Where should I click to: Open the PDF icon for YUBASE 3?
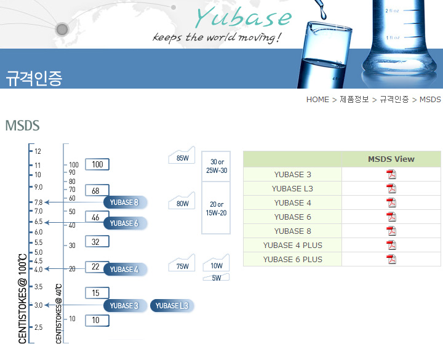[x=391, y=174]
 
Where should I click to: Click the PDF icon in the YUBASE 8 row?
[x=391, y=231]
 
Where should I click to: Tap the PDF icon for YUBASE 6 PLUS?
[x=391, y=259]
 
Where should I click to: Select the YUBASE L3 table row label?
[x=292, y=188]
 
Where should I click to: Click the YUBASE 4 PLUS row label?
[x=292, y=245]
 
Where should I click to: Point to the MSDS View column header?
[x=391, y=159]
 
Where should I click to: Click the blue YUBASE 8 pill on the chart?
[x=125, y=202]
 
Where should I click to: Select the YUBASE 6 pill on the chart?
[x=125, y=223]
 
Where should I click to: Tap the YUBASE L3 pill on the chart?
[x=172, y=305]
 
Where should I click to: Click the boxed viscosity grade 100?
[x=97, y=164]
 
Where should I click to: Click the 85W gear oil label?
[x=182, y=158]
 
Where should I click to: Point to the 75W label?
[x=182, y=266]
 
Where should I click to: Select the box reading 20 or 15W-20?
[x=216, y=208]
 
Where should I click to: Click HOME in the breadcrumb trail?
[x=317, y=100]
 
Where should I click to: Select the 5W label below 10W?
[x=216, y=278]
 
